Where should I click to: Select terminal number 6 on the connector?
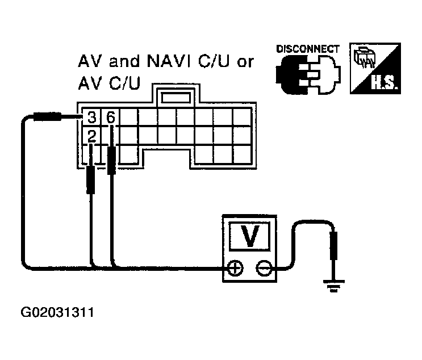point(110,118)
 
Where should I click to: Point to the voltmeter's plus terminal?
point(234,269)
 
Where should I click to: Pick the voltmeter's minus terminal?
point(262,269)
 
